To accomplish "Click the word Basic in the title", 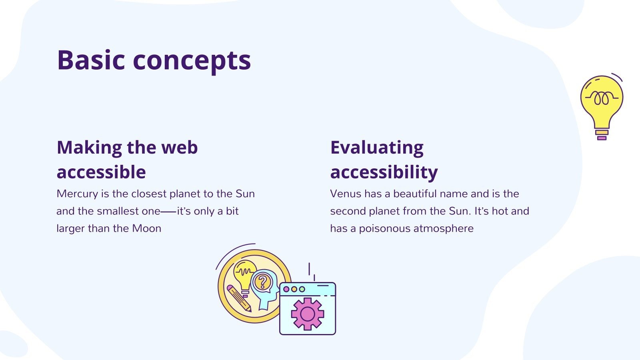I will [91, 60].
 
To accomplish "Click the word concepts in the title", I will [192, 61].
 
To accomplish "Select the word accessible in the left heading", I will [101, 172].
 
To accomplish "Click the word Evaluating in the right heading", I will [377, 148].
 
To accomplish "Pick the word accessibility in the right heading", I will [384, 172].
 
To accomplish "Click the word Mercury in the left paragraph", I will [77, 194].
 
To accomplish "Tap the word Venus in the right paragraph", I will [345, 194].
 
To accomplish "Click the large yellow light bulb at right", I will [601, 102].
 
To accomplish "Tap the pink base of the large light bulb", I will [602, 138].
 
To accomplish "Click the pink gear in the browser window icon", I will [307, 314].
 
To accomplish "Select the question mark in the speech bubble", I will [263, 282].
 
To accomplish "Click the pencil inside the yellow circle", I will [239, 298].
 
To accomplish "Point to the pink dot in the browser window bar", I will [286, 289].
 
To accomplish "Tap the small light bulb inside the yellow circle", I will [244, 274].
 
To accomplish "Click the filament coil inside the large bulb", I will [601, 98].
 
